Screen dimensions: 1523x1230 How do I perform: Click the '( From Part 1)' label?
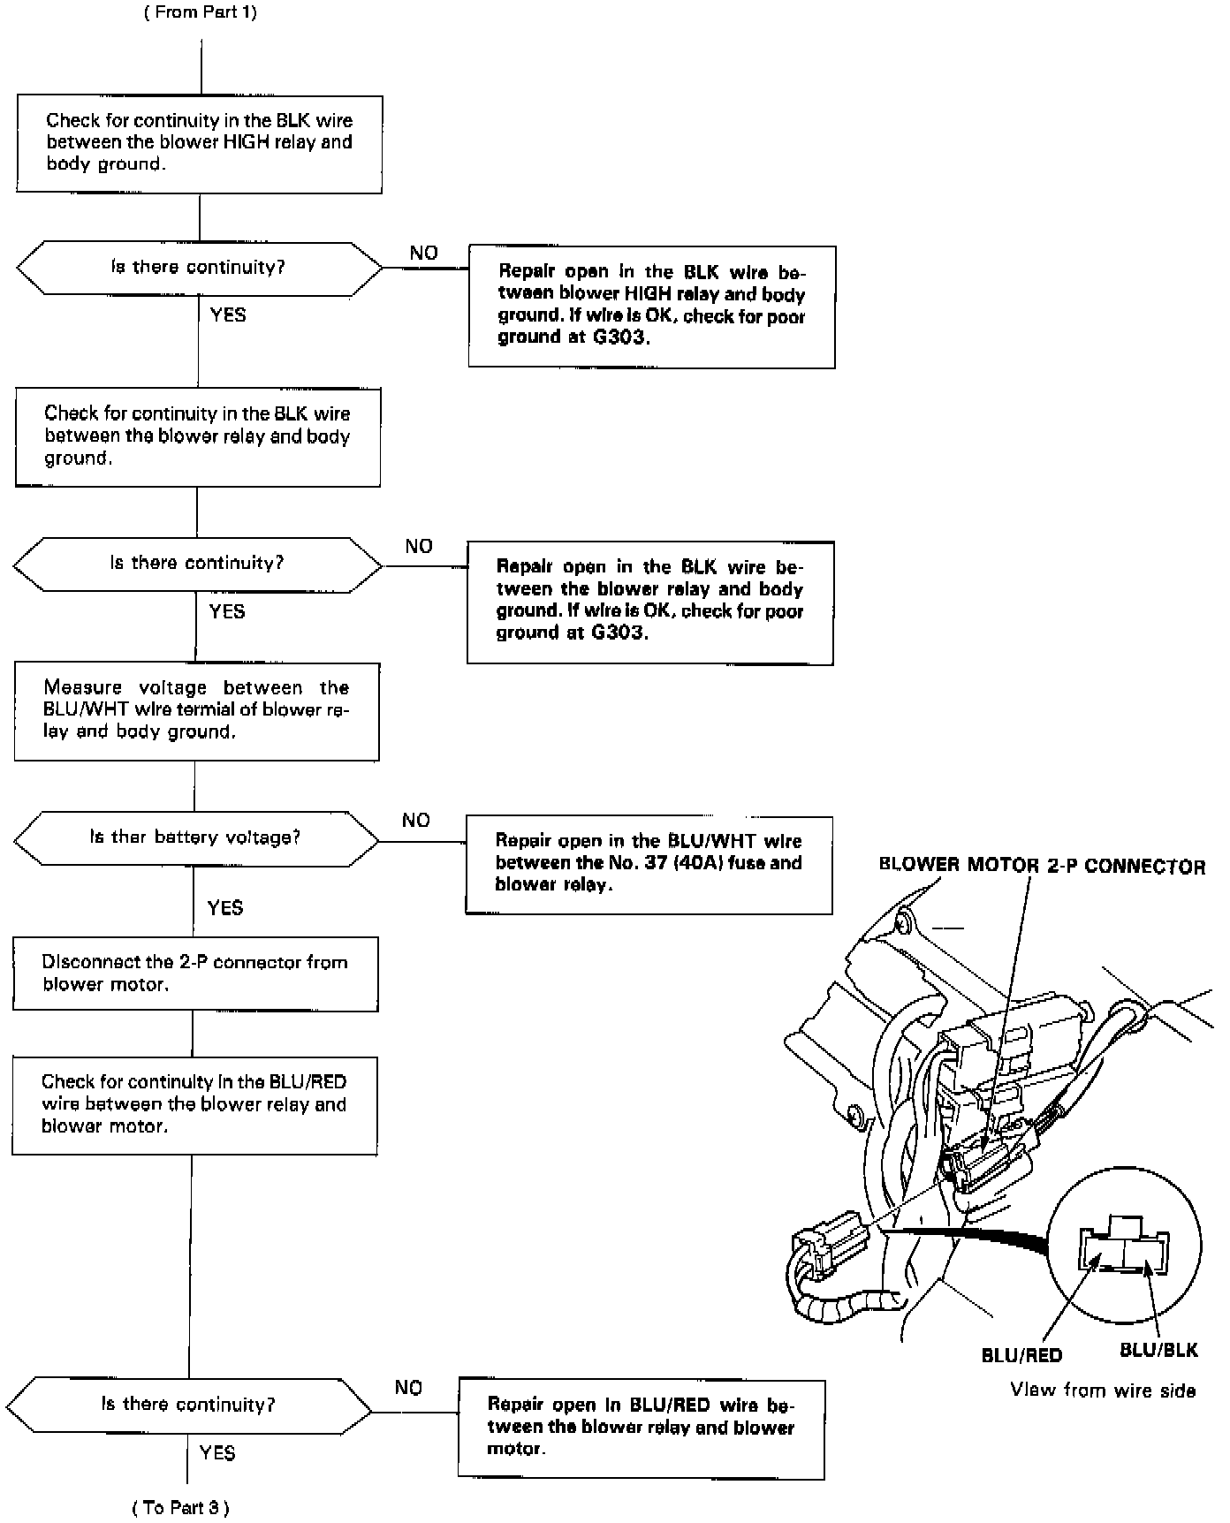point(201,12)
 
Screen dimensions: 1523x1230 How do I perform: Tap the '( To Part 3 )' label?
point(180,1508)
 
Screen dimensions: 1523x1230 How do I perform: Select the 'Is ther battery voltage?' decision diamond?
point(196,837)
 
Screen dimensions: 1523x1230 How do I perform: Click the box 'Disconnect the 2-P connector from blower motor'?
point(195,974)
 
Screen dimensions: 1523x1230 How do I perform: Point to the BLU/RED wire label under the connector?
point(1021,1355)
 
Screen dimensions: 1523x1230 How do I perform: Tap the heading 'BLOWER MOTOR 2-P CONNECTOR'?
point(1042,866)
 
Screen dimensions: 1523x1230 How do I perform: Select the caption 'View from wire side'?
point(1103,1390)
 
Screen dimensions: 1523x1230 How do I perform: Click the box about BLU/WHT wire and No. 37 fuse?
point(649,864)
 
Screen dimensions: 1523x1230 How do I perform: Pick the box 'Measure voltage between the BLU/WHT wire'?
point(196,710)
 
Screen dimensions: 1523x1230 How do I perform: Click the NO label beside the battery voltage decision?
point(415,821)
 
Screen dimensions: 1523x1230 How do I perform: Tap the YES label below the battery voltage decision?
point(225,907)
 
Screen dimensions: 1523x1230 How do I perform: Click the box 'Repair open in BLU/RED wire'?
point(641,1428)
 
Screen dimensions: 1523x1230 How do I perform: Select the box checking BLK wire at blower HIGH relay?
point(199,143)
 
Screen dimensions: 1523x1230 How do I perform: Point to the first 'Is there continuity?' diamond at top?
point(198,268)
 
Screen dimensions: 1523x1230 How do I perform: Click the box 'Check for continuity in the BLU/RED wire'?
point(194,1104)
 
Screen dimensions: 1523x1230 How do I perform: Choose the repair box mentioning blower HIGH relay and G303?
point(651,306)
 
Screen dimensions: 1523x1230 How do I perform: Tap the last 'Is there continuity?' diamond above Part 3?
point(188,1405)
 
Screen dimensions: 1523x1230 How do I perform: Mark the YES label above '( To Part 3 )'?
point(217,1453)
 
